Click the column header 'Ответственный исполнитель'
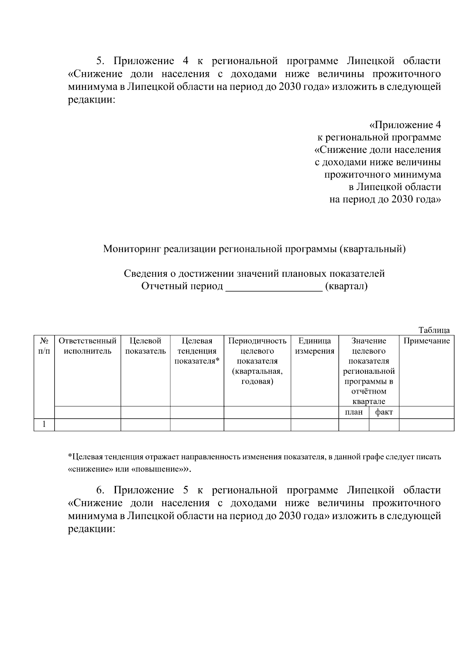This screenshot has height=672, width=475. [x=87, y=346]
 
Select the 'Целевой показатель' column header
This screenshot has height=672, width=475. [x=145, y=346]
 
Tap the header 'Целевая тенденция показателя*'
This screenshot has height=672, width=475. [x=197, y=351]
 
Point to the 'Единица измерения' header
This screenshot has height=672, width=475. [x=315, y=346]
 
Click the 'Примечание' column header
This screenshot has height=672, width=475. [x=426, y=341]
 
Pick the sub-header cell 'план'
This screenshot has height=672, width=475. [x=353, y=412]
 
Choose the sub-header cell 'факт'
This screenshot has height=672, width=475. [x=384, y=412]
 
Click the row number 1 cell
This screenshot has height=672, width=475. [x=44, y=425]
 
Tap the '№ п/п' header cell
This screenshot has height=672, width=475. [x=44, y=346]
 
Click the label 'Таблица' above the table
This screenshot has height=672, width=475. [x=434, y=330]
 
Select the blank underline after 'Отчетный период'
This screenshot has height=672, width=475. [x=274, y=287]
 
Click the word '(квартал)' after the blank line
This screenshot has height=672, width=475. [x=346, y=286]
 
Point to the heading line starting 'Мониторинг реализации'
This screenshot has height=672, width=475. [x=254, y=249]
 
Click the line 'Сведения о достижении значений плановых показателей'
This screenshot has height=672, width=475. [x=254, y=274]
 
